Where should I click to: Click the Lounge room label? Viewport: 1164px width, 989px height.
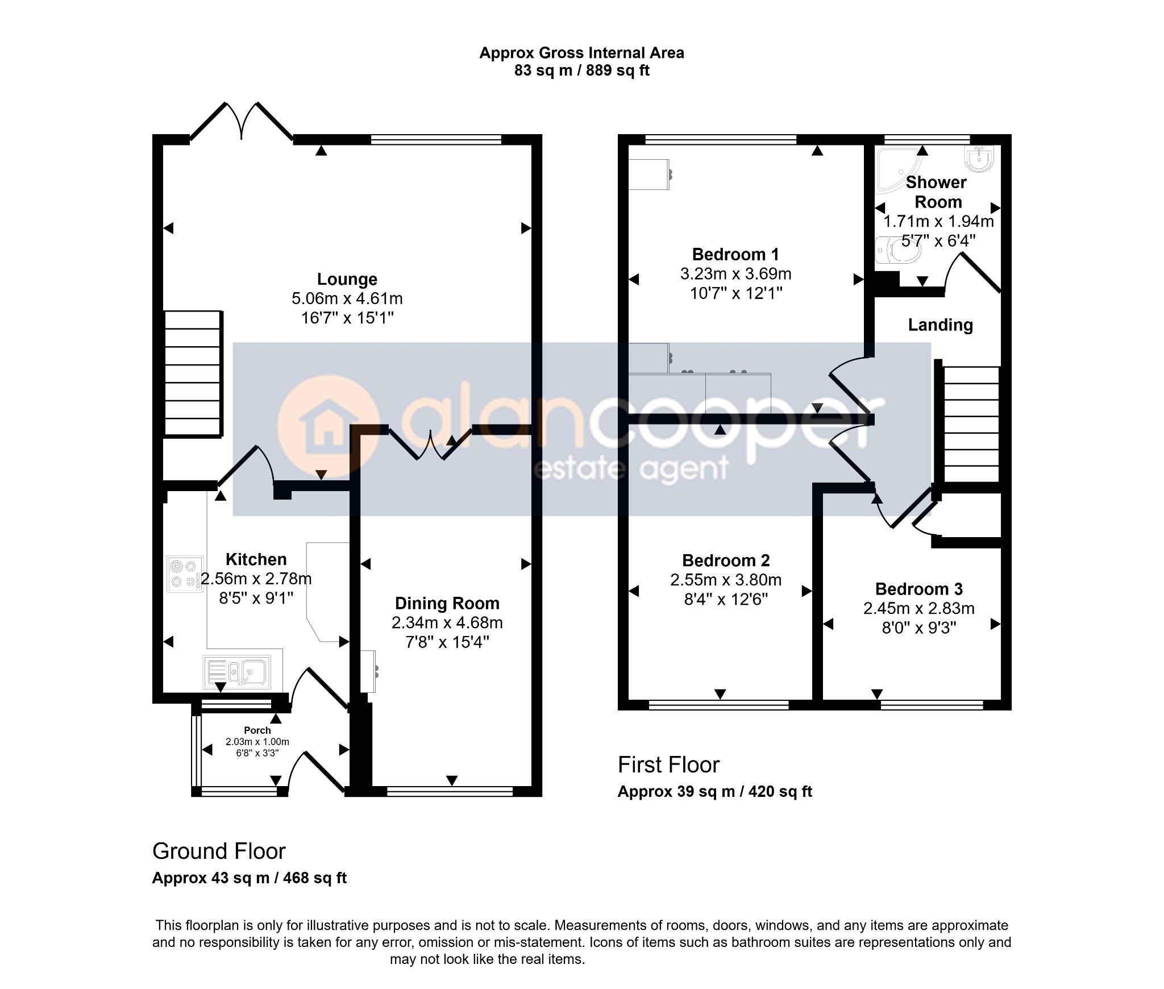coord(347,279)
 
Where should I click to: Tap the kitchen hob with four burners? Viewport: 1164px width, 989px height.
coord(185,574)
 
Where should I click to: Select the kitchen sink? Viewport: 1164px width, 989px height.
coord(236,672)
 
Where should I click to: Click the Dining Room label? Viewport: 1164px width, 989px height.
coord(447,603)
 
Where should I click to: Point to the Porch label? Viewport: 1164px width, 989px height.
coord(257,730)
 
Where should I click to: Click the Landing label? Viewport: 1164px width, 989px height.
coord(940,325)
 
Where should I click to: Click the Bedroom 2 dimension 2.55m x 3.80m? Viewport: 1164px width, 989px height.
coord(726,580)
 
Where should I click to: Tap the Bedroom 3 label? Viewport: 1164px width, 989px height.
coord(918,589)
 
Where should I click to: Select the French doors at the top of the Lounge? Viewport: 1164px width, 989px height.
coord(242,120)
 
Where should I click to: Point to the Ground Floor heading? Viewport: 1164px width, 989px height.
coord(219,851)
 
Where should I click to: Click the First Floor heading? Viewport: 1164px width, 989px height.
coord(668,764)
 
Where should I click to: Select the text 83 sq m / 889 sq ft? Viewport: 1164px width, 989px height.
coord(581,70)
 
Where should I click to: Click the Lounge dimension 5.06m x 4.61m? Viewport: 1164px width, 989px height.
coord(347,298)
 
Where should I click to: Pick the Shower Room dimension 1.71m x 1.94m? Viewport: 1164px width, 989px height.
coord(938,221)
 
